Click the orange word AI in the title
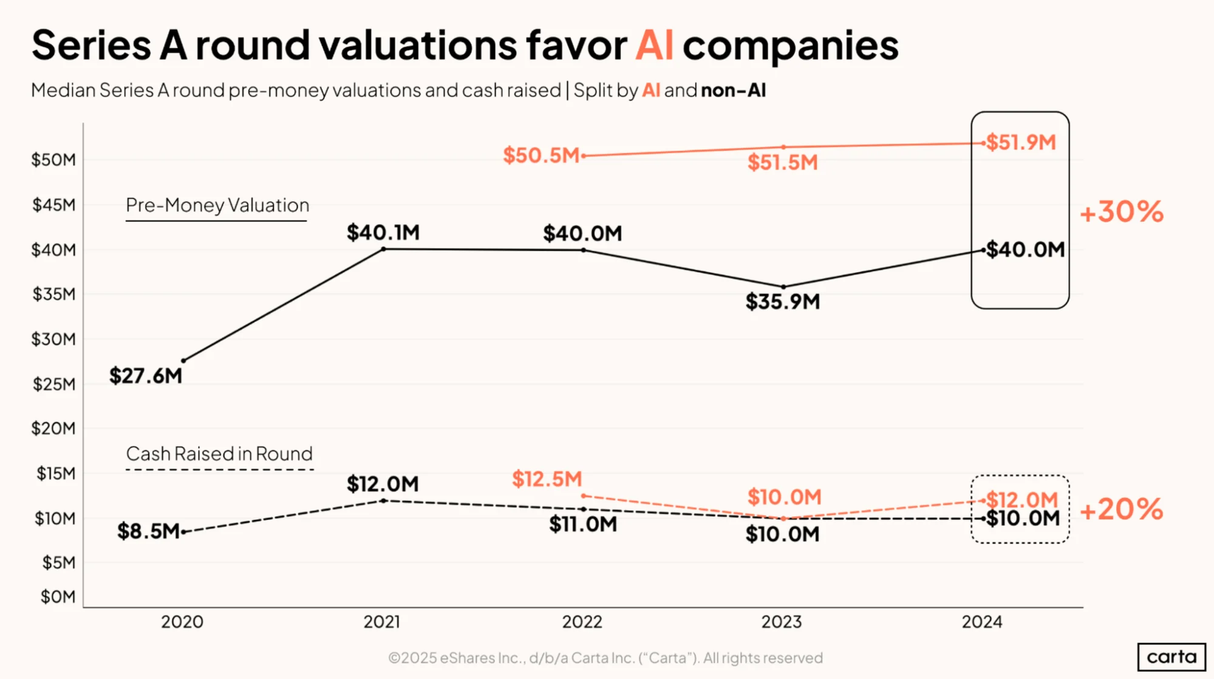654,46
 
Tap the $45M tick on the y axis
54,205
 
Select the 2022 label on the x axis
582,622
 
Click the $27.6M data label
146,376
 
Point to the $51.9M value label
1021,142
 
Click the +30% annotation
1121,211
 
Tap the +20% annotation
1121,509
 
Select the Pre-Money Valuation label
217,205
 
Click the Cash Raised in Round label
219,454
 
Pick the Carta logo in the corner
1171,657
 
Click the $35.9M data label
783,301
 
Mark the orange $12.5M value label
547,479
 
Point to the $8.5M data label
148,531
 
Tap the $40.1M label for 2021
383,232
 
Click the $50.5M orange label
541,155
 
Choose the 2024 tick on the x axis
982,622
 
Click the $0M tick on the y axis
58,596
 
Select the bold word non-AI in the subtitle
733,90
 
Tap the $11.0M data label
583,524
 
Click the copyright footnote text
605,658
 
